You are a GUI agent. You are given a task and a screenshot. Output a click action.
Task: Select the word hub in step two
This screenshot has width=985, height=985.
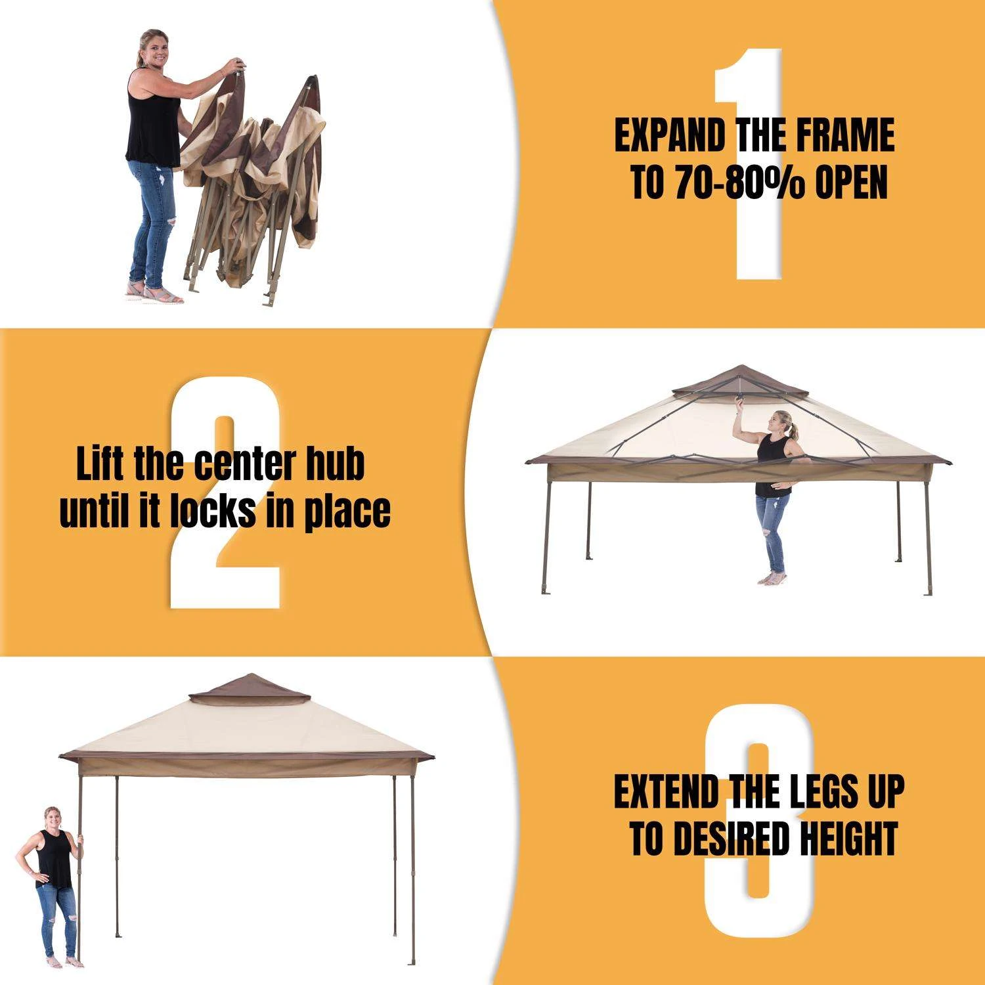coord(335,464)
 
